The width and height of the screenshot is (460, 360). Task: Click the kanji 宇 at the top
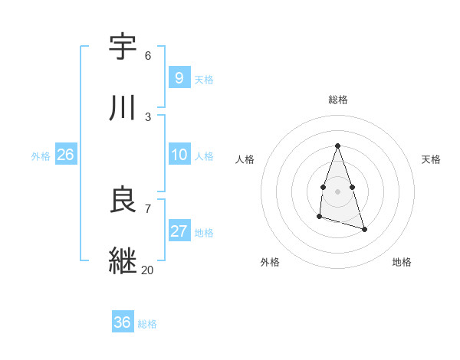click(123, 47)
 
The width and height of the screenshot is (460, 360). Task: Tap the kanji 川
click(123, 108)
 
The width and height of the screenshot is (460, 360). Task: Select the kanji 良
click(123, 200)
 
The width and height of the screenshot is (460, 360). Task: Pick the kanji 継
click(123, 260)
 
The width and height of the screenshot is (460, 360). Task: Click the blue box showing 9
click(179, 78)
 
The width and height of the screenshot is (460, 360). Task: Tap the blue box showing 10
click(179, 155)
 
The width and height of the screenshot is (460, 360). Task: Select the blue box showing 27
click(179, 231)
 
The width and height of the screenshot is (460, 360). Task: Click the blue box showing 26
click(65, 155)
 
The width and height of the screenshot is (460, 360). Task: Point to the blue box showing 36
click(122, 322)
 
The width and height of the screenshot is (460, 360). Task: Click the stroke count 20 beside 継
click(147, 270)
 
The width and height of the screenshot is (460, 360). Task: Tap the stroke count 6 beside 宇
click(148, 56)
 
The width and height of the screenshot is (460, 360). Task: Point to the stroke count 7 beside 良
click(148, 208)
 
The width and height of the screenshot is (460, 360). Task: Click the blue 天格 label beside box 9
click(204, 80)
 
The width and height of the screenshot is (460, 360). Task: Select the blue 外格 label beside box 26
click(41, 156)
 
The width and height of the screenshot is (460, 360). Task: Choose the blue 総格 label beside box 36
click(147, 324)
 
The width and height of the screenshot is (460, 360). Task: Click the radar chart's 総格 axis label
click(338, 100)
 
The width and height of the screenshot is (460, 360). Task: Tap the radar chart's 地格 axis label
click(402, 262)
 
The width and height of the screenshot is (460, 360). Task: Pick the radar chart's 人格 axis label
click(245, 159)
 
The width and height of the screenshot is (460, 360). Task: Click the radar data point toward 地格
click(364, 229)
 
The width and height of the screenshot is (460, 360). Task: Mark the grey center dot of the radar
click(337, 189)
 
